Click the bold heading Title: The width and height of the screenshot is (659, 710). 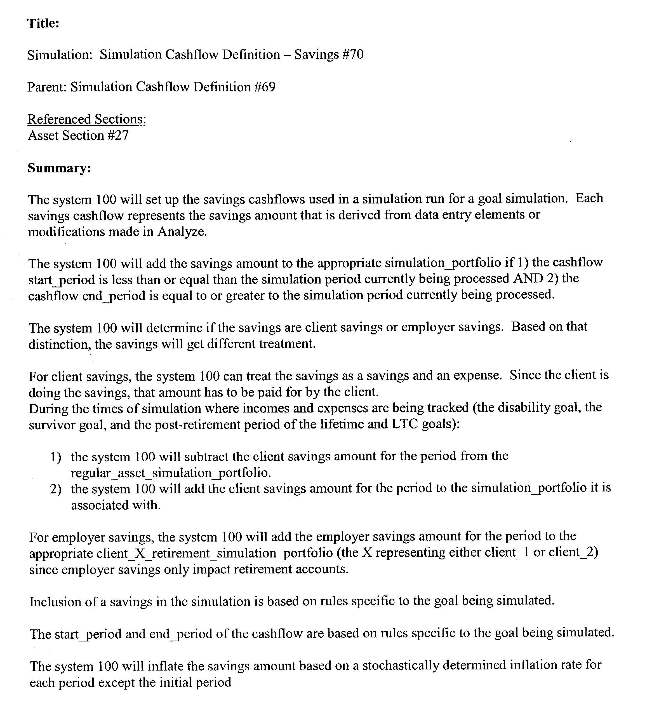(x=43, y=24)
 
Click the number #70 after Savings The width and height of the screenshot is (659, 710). (x=352, y=55)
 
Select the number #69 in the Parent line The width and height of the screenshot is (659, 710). (x=265, y=87)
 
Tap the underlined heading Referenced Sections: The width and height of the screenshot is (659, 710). (x=87, y=119)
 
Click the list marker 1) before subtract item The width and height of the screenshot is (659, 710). (x=56, y=457)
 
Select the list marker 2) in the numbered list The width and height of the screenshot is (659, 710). (x=56, y=489)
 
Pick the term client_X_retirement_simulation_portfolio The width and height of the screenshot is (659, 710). (x=215, y=553)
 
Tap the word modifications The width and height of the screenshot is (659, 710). (x=66, y=232)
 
